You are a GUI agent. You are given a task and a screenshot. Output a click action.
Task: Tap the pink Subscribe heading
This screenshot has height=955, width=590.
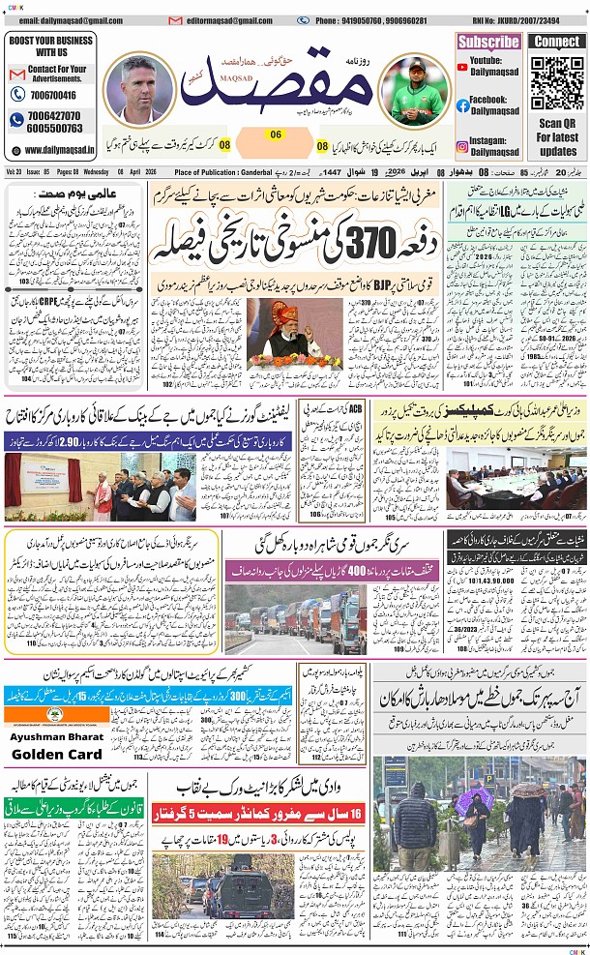488,42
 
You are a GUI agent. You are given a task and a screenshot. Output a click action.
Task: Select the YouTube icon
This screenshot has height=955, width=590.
463,65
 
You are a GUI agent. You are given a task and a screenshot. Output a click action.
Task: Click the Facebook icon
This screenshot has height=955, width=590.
463,105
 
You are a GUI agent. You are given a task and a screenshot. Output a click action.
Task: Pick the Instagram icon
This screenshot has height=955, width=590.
463,147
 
